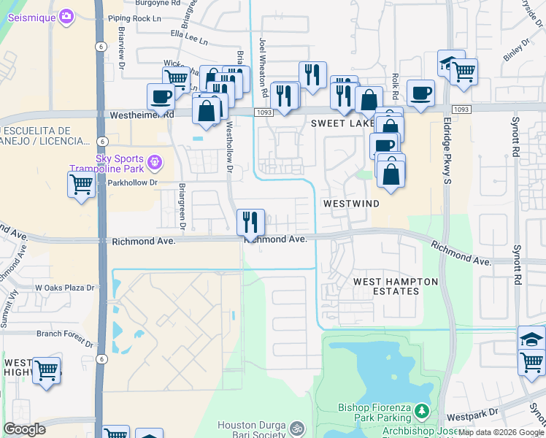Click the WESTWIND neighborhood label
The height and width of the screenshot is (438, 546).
[352, 204]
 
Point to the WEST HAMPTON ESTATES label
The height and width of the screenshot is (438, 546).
[396, 286]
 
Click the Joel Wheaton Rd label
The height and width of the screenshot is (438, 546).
[264, 69]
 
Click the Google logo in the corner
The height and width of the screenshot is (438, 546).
[24, 429]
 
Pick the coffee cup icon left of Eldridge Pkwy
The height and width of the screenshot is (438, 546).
[420, 93]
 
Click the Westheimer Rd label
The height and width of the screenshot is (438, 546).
[142, 115]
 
